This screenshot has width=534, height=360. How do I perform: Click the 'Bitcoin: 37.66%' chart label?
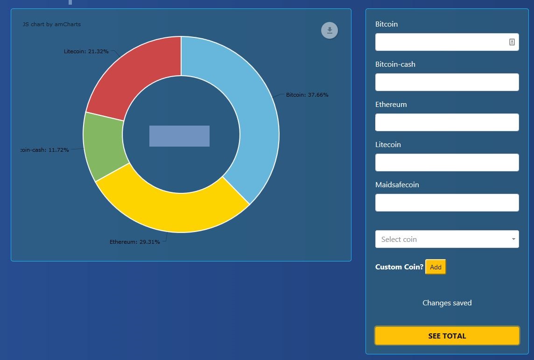click(x=307, y=95)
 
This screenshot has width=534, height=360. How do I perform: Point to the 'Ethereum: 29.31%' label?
click(x=134, y=242)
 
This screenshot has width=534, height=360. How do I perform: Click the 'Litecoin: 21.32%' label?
click(x=86, y=51)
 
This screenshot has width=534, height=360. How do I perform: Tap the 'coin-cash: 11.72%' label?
click(x=45, y=150)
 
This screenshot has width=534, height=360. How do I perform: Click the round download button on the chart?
click(x=329, y=30)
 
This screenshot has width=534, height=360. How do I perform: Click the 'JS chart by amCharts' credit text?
click(x=52, y=24)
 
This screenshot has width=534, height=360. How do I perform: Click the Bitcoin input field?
click(x=441, y=42)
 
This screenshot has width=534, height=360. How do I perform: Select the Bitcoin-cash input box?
click(x=447, y=82)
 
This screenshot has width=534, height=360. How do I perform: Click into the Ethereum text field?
click(x=447, y=122)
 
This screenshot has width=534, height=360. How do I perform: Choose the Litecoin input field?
click(x=447, y=162)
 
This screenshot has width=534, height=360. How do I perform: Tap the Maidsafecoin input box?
click(x=447, y=203)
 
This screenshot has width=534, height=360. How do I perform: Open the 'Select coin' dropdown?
click(x=447, y=239)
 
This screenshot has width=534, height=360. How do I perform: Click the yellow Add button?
click(x=436, y=267)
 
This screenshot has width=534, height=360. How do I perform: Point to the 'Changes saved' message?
click(x=447, y=303)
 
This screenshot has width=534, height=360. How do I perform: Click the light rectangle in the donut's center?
click(x=179, y=136)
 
